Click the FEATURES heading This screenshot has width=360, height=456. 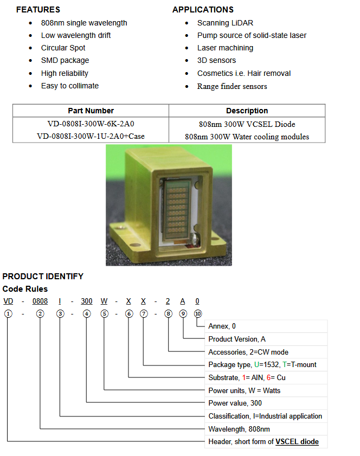click(x=38, y=10)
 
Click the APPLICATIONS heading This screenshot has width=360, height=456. click(x=203, y=10)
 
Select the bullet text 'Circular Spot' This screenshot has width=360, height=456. click(x=63, y=48)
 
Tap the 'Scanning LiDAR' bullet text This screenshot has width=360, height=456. click(x=225, y=23)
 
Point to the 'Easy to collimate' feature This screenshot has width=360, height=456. click(x=69, y=86)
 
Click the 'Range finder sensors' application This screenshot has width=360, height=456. click(x=232, y=86)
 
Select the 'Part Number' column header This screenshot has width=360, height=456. click(x=91, y=111)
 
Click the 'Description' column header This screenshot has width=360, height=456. click(x=247, y=111)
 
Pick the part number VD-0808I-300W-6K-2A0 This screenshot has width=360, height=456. click(x=91, y=124)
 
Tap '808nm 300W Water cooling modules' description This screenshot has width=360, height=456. click(x=247, y=137)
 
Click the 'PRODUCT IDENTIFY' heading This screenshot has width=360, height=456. click(x=43, y=277)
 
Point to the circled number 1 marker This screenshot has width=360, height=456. click(x=8, y=314)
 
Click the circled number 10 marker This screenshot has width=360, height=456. click(x=198, y=314)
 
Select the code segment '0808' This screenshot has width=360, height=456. click(x=40, y=301)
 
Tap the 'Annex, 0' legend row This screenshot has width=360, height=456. click(x=222, y=326)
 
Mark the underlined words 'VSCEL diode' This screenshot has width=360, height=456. click(x=297, y=442)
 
